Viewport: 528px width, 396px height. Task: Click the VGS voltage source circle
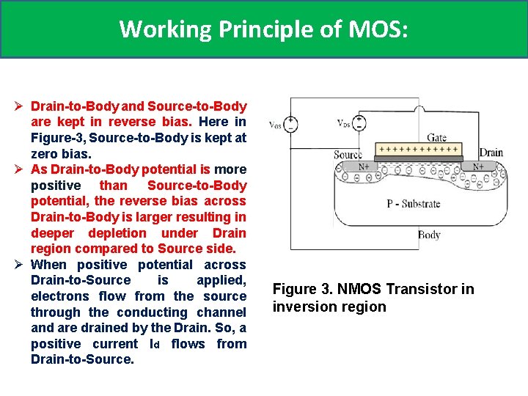(x=292, y=123)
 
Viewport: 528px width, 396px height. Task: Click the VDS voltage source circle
(x=359, y=122)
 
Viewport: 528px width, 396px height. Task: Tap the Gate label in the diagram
(x=437, y=137)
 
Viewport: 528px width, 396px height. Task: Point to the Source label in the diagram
(x=348, y=155)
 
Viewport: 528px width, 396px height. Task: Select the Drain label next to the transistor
(x=491, y=153)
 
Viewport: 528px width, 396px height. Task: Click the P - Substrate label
(x=414, y=204)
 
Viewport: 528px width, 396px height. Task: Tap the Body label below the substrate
(x=429, y=235)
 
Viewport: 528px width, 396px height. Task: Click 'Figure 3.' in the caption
(x=301, y=289)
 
